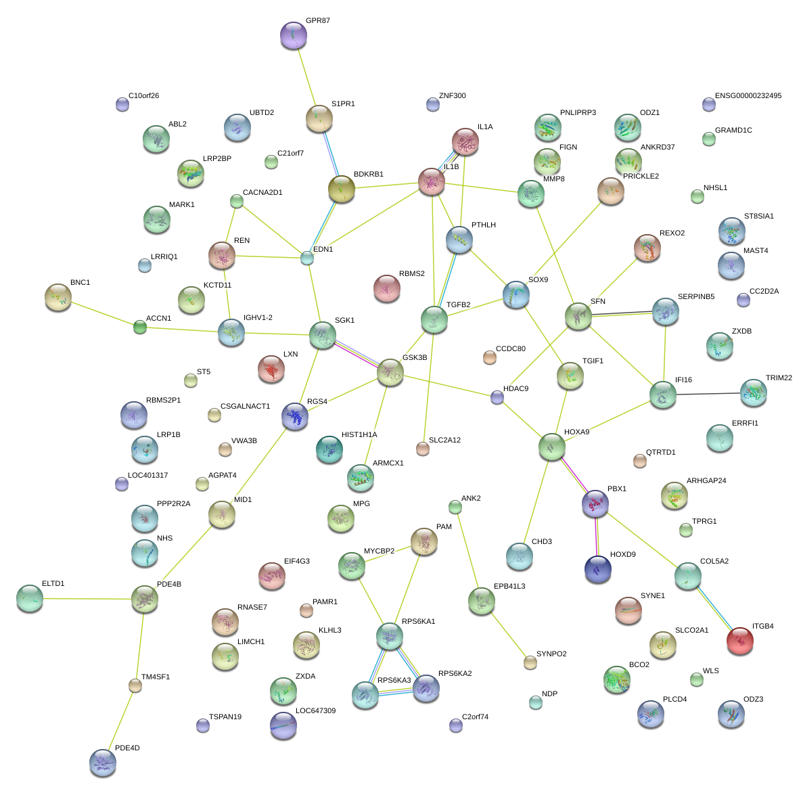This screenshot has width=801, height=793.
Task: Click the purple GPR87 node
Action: click(x=293, y=36)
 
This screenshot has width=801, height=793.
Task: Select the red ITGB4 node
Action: click(x=739, y=641)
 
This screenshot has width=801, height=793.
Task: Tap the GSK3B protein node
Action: click(x=390, y=372)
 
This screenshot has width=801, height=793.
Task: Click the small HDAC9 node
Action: click(x=497, y=398)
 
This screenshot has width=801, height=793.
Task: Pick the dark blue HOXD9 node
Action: click(x=597, y=570)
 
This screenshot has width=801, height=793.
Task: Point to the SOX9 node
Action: click(x=517, y=294)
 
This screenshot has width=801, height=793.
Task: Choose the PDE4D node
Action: click(x=102, y=763)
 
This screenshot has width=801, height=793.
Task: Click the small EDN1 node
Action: click(x=307, y=258)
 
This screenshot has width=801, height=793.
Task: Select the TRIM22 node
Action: click(x=753, y=392)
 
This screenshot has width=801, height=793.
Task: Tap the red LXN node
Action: click(x=271, y=369)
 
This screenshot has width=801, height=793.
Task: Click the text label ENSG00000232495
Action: click(x=748, y=96)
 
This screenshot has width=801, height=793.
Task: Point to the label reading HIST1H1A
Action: click(x=359, y=435)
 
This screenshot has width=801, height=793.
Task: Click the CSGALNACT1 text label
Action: click(x=245, y=407)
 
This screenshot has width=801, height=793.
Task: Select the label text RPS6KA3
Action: click(x=394, y=681)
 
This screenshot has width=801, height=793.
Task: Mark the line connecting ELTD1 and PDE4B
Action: click(x=87, y=599)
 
